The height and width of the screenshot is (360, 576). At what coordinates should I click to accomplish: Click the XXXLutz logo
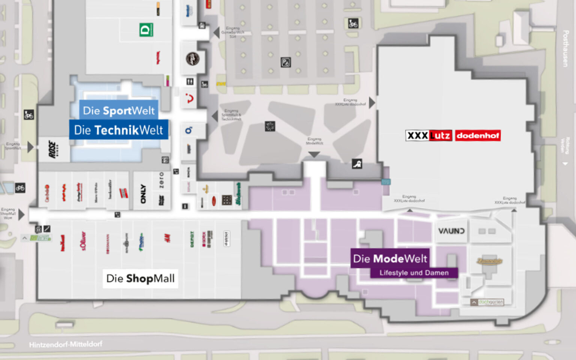tap(429, 135)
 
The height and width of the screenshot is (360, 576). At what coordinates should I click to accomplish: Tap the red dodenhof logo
tap(478, 135)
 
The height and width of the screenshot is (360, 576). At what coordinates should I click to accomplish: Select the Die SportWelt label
tap(118, 111)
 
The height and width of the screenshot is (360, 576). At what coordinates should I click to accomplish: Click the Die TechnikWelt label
tap(118, 130)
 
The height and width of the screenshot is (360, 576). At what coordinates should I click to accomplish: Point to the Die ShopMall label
tap(140, 278)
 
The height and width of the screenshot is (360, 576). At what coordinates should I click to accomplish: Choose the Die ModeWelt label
tap(390, 258)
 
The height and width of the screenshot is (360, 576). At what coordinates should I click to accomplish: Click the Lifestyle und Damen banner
tap(414, 273)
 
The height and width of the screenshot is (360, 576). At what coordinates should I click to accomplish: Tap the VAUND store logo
tap(451, 231)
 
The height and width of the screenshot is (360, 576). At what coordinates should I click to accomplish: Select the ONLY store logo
tap(143, 193)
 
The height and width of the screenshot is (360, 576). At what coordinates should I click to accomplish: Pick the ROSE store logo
tap(53, 149)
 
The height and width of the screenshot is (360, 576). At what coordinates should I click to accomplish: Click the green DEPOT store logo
tap(192, 239)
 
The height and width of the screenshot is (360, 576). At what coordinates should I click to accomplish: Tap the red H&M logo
tap(167, 238)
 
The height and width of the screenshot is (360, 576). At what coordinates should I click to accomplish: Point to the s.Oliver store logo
tap(83, 240)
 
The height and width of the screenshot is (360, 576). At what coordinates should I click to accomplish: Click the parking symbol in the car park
tap(286, 62)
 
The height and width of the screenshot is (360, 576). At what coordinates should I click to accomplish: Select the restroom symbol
tap(190, 81)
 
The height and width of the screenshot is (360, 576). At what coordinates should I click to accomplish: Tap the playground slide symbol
tap(357, 163)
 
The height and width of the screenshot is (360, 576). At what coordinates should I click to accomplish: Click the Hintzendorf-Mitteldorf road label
tap(66, 344)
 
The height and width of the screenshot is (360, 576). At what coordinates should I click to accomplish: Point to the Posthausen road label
tap(565, 49)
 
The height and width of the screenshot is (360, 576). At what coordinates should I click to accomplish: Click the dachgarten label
tap(490, 302)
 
